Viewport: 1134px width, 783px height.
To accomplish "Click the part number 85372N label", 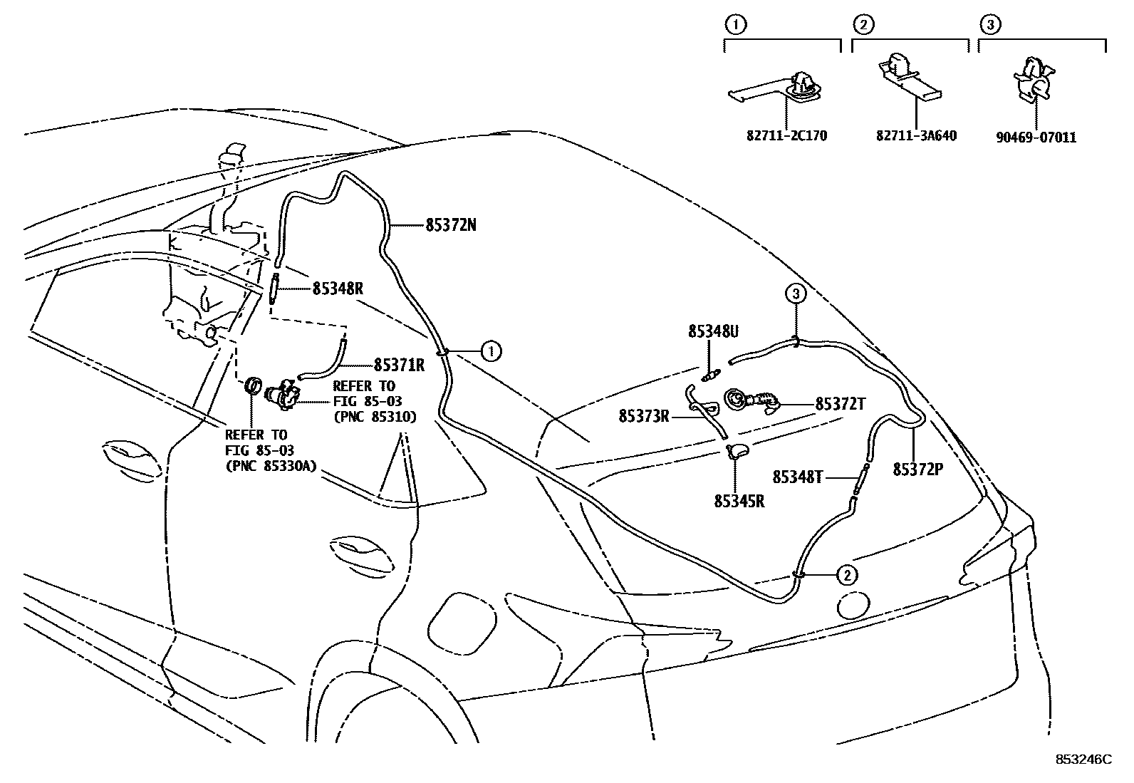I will click(451, 226).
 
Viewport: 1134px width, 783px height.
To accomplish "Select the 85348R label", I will click(338, 289).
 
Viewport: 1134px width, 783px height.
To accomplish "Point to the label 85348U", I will click(713, 331).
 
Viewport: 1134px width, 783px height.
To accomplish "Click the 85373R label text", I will click(644, 416).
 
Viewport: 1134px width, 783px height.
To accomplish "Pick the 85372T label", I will click(840, 404).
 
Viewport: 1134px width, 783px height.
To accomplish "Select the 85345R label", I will click(739, 501).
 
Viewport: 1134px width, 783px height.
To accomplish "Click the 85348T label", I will click(798, 477).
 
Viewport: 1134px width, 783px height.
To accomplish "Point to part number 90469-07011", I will click(1036, 138).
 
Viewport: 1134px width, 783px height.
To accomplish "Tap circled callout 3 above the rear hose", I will click(796, 293).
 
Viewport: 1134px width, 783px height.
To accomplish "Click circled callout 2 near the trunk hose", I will click(846, 574).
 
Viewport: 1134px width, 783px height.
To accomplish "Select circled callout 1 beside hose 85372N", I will click(490, 351).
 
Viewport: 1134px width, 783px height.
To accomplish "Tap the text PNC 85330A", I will click(271, 467).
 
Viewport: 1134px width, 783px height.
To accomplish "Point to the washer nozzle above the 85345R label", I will click(737, 450).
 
